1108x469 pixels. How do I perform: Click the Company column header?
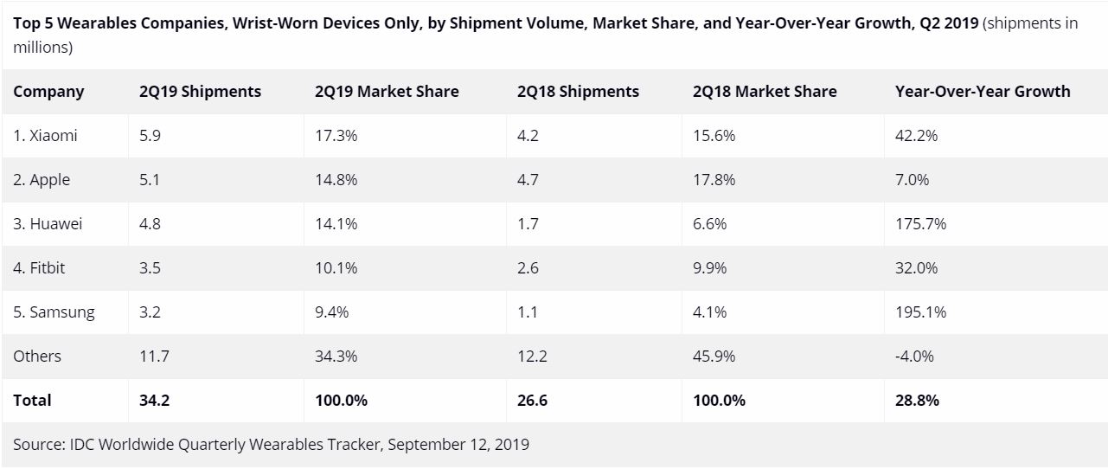coord(48,92)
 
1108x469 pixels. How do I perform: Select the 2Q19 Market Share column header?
coord(387,92)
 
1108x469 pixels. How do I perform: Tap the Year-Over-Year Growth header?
coord(983,92)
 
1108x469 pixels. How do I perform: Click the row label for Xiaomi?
coord(45,136)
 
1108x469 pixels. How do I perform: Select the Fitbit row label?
coord(39,268)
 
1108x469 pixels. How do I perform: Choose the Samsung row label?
coord(54,312)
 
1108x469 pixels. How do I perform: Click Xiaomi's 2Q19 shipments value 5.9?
coord(150,136)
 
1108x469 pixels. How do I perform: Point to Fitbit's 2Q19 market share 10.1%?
coord(336,268)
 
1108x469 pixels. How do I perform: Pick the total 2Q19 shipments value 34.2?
coord(154,401)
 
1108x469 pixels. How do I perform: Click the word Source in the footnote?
coord(35,445)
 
